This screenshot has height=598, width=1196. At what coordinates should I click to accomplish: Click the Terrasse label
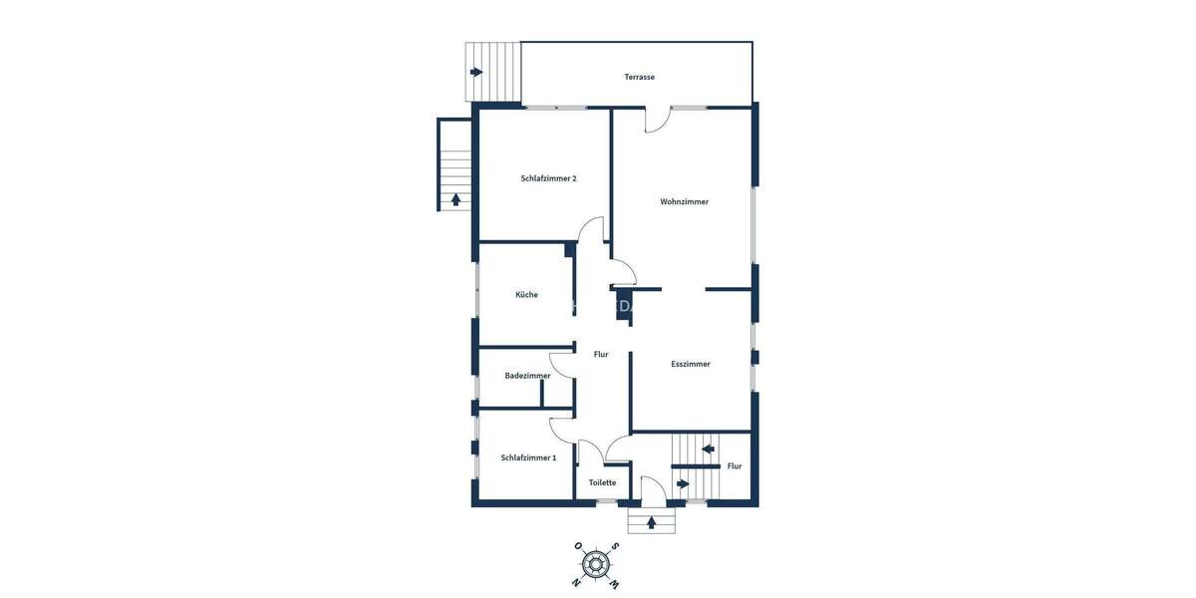639,77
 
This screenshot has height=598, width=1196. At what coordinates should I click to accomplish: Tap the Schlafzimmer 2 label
548,178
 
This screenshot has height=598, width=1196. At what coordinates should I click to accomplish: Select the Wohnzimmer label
684,201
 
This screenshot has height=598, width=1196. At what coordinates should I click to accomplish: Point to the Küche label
526,294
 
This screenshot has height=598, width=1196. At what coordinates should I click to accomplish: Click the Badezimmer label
527,376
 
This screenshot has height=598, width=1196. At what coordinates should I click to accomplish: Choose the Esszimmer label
691,364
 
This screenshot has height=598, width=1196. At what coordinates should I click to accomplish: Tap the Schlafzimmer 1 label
528,457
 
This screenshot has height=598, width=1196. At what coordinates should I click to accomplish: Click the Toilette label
602,482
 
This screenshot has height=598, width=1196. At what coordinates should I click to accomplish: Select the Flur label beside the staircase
735,465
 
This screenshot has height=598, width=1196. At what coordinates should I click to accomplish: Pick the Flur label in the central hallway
601,354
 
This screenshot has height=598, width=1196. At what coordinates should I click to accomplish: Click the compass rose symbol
596,564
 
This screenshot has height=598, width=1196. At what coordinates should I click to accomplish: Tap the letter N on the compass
577,582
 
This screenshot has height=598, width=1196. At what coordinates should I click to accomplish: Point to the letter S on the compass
616,546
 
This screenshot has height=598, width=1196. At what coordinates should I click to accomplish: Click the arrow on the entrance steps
652,521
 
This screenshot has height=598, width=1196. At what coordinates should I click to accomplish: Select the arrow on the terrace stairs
476,72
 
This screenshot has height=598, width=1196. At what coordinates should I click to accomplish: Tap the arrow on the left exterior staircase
455,198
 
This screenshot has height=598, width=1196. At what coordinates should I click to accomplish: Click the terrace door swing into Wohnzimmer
658,120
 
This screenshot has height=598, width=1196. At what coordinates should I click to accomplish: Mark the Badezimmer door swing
561,366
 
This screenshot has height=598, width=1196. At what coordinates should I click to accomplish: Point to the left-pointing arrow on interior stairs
708,448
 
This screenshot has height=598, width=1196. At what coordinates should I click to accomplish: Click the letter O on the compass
576,546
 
